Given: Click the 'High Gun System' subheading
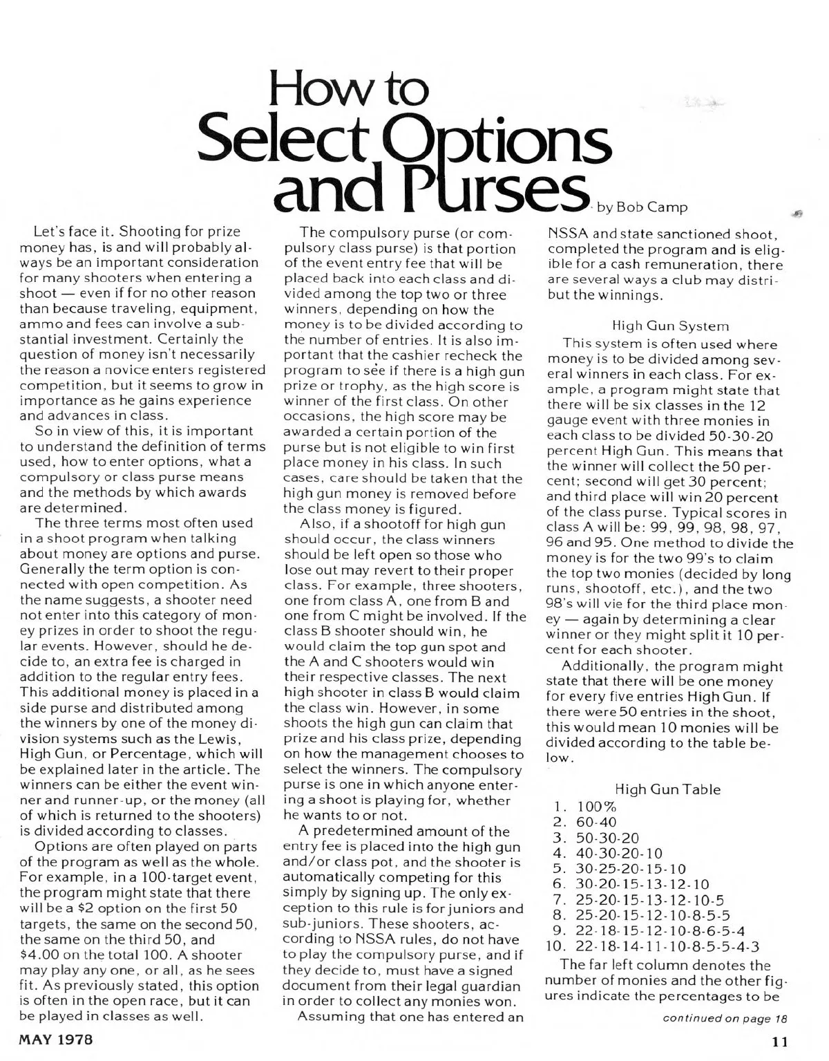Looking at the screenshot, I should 669,325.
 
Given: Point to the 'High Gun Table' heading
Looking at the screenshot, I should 667,789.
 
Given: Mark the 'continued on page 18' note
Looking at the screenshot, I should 725,1018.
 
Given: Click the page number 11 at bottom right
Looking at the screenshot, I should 780,1042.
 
